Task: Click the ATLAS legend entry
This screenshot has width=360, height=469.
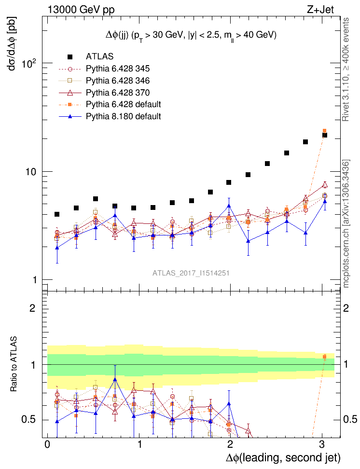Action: [x=100, y=56]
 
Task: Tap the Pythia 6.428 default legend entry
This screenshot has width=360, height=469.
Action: [x=123, y=104]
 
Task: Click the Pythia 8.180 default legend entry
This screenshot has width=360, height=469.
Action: [x=123, y=116]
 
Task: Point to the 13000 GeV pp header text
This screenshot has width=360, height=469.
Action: [x=81, y=9]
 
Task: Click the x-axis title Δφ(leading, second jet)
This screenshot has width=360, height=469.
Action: [x=283, y=457]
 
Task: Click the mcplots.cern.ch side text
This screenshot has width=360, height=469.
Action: [x=345, y=224]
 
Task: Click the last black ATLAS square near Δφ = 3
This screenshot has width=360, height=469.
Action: [x=325, y=135]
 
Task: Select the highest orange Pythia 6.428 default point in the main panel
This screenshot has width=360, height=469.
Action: [x=324, y=131]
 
